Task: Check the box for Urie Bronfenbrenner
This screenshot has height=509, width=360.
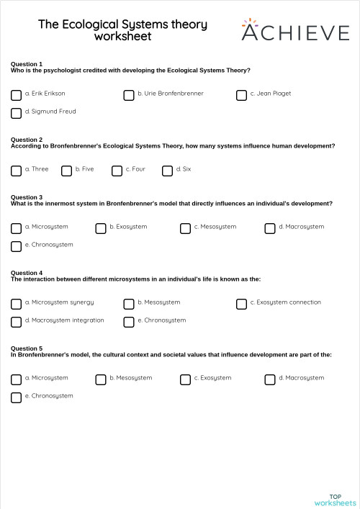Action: (x=129, y=94)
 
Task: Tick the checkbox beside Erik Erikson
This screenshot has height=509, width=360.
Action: (x=16, y=94)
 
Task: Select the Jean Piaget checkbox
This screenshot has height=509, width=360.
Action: (x=241, y=94)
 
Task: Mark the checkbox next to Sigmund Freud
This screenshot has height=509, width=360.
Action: (x=16, y=112)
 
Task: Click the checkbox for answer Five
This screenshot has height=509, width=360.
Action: (x=66, y=171)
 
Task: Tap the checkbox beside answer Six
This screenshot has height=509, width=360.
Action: (x=167, y=171)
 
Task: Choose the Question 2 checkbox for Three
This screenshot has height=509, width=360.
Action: (x=16, y=171)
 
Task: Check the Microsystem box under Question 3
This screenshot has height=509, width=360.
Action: (x=16, y=228)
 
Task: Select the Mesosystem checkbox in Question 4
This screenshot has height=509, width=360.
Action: (x=129, y=304)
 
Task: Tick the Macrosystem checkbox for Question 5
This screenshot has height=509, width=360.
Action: (x=269, y=379)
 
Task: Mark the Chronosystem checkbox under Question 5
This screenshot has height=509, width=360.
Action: (x=16, y=397)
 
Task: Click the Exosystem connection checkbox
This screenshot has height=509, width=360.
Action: (x=241, y=304)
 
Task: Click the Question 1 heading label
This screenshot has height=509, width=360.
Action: (x=27, y=63)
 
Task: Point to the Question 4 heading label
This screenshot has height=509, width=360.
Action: (x=27, y=273)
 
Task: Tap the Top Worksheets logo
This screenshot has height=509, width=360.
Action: (x=336, y=500)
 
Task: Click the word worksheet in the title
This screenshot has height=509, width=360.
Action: (x=122, y=36)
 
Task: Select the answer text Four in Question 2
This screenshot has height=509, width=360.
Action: (x=138, y=169)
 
